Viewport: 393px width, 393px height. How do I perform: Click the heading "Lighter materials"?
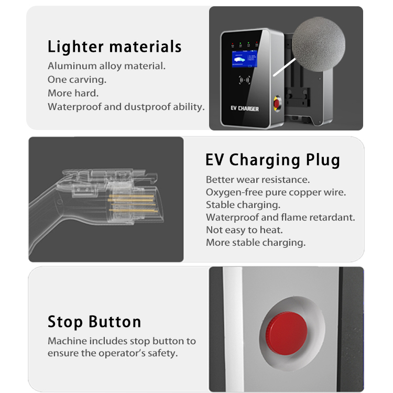point(114,47)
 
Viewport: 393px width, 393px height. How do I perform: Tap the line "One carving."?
point(77,80)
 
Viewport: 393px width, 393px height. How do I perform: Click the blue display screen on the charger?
point(244,62)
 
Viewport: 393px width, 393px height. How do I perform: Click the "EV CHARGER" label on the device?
point(245,108)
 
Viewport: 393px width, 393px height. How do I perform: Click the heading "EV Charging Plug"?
point(272,159)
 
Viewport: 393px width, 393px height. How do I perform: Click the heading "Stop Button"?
point(94,321)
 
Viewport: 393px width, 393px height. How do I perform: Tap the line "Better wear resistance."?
point(258,180)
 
